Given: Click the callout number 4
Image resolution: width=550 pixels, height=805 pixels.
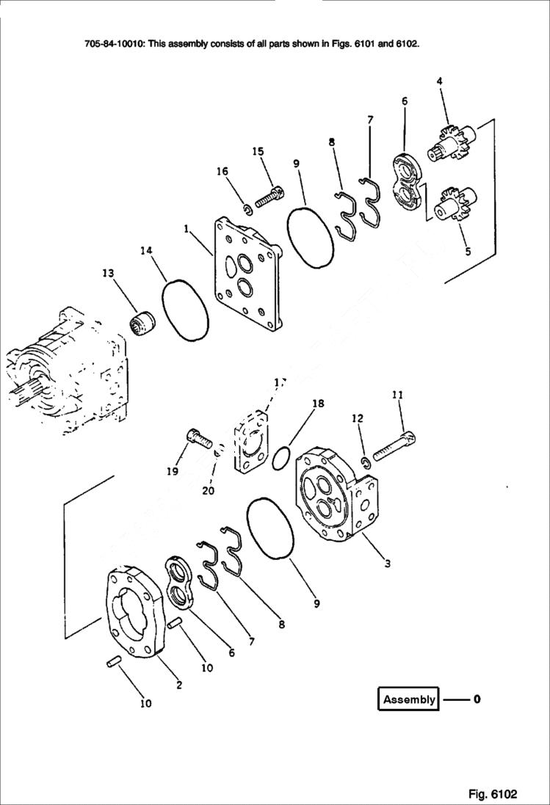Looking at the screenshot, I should tap(439, 81).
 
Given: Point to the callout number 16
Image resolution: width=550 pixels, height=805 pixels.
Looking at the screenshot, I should tap(222, 171).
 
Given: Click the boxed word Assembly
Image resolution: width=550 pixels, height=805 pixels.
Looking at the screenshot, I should tap(409, 699).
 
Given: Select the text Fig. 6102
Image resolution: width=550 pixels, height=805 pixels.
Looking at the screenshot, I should tap(493, 794).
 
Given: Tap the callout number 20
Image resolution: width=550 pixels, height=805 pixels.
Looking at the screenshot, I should tap(209, 491).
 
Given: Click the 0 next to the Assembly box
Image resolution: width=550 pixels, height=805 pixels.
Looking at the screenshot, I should tap(477, 699).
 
